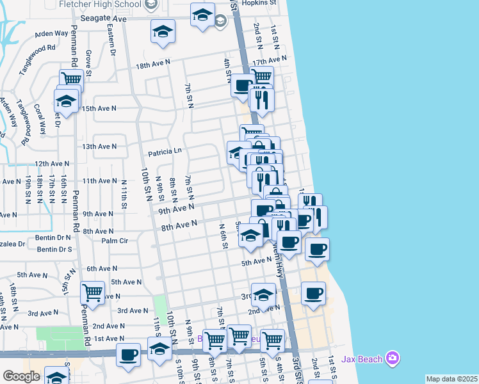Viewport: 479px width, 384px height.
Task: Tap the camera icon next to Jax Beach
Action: point(393,357)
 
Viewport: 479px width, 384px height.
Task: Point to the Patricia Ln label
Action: point(165,152)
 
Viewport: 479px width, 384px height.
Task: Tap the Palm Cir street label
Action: point(115,241)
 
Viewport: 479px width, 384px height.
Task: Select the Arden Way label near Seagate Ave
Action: point(51,33)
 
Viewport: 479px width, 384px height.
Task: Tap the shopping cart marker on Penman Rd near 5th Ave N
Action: point(92,293)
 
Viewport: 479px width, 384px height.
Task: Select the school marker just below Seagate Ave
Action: point(163,31)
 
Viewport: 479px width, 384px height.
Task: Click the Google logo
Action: point(22,376)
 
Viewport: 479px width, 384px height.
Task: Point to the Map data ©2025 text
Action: point(451,379)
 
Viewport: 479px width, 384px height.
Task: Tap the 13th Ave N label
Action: point(99,147)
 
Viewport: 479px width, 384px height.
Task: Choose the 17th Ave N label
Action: point(268,62)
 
